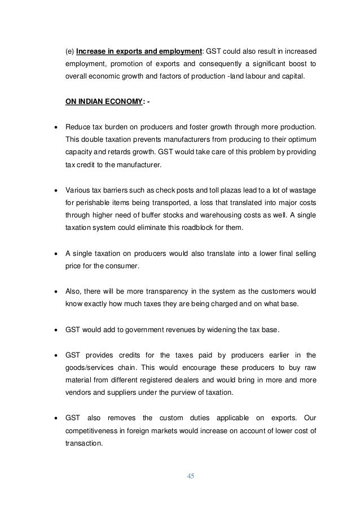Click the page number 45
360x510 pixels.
tap(190, 476)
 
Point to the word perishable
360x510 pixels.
tap(90, 200)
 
